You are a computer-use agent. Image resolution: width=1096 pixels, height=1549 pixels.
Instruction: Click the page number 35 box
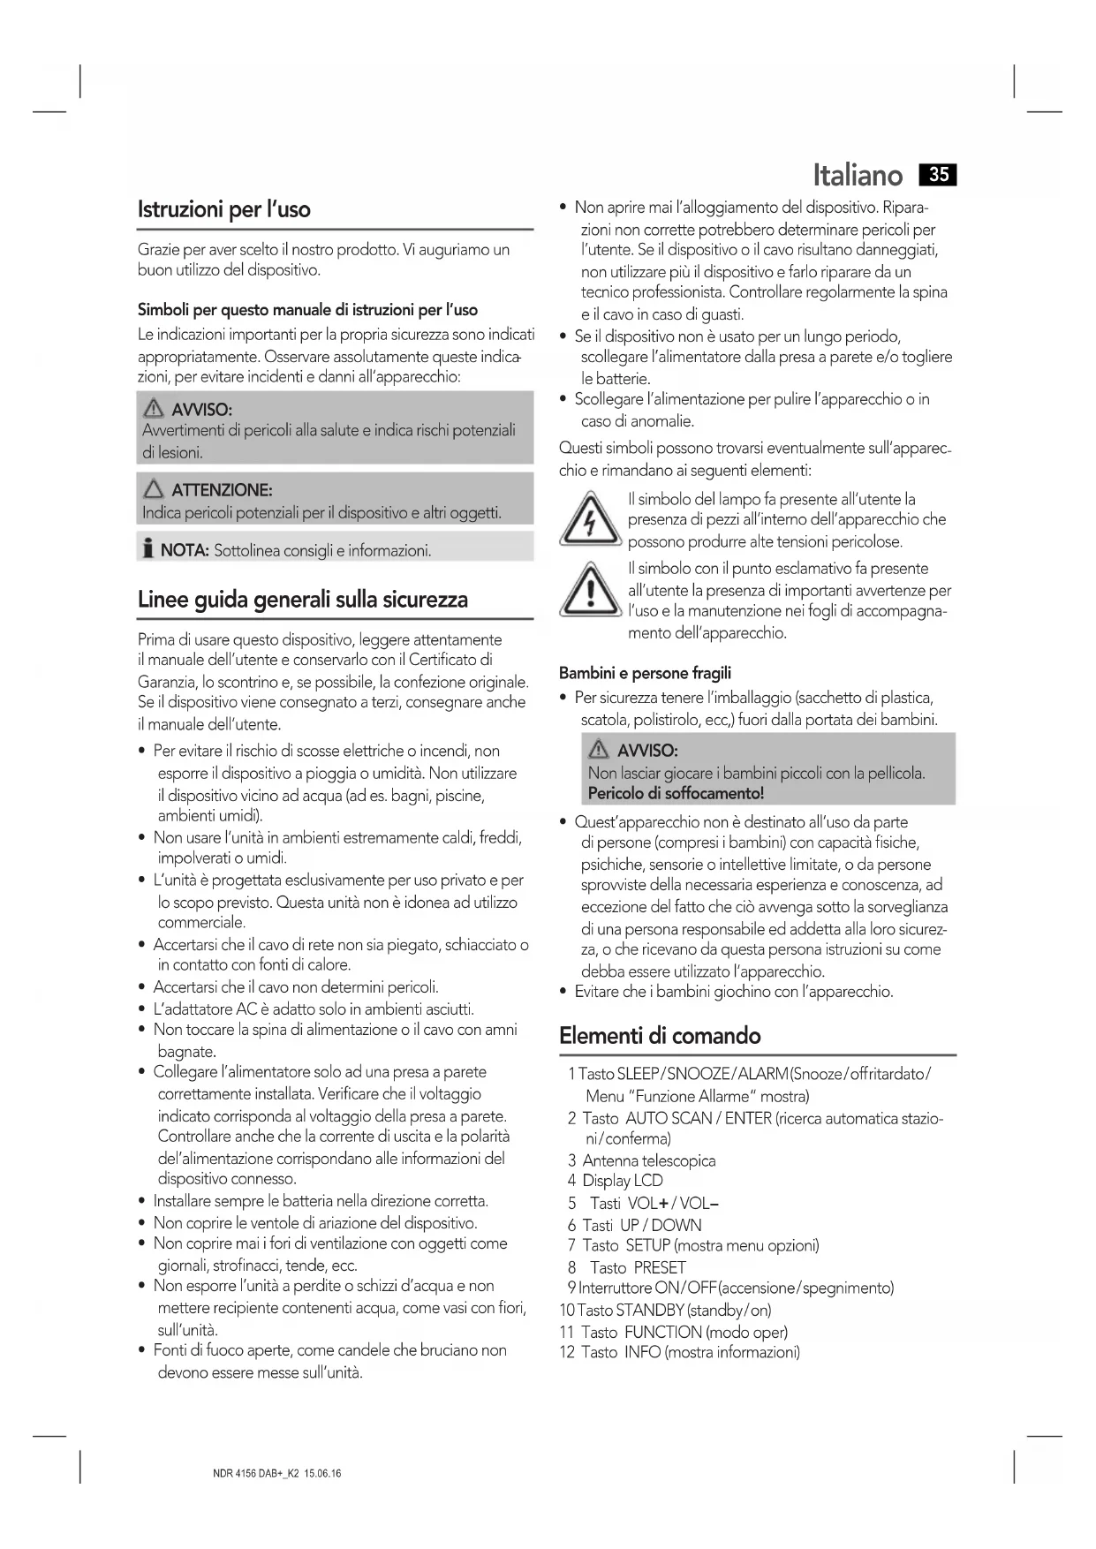point(938,175)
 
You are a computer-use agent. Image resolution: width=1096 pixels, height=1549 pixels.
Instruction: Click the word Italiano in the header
point(858,175)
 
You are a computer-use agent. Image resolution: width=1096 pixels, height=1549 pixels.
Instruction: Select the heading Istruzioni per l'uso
point(224,209)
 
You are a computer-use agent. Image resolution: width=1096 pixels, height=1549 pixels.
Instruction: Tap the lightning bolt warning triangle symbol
point(588,521)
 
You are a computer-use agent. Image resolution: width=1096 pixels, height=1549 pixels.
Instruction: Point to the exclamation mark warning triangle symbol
point(588,591)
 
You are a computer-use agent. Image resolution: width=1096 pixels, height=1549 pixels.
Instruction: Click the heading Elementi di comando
point(660,1035)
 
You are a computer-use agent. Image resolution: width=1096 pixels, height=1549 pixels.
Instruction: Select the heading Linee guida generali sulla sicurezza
point(303,600)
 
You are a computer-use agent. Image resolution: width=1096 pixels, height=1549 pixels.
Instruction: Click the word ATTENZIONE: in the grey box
point(222,490)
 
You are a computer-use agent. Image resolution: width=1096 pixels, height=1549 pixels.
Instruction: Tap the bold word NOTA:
point(184,551)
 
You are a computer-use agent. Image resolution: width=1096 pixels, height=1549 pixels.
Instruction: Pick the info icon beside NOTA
point(147,549)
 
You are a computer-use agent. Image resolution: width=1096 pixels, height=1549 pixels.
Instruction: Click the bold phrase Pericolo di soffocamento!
point(676,793)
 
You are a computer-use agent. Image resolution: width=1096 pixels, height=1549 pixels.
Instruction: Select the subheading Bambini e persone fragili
point(645,673)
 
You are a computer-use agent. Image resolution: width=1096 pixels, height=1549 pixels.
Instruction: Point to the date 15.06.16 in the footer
point(322,1474)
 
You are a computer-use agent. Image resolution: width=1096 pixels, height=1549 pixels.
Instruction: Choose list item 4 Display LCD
point(615,1181)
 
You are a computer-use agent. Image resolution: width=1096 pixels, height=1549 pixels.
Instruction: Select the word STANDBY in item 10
point(650,1310)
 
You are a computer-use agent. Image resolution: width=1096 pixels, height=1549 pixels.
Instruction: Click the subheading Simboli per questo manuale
point(307,310)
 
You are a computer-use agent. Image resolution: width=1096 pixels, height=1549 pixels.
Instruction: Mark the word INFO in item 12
point(642,1352)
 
